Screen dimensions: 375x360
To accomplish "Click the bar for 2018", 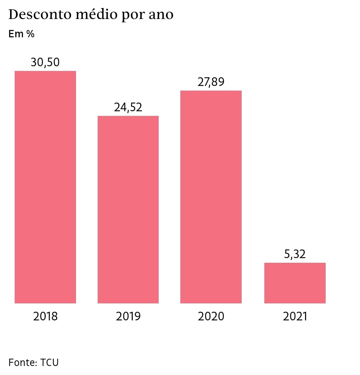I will click(45, 187).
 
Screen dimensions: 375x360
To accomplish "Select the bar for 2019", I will click(128, 209).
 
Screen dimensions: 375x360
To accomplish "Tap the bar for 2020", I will click(211, 197).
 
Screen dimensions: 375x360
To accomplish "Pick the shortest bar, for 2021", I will click(295, 283).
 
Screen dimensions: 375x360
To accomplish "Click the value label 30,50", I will click(45, 62).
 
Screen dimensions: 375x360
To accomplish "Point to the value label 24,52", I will click(128, 107).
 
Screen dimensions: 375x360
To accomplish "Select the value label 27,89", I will click(211, 82).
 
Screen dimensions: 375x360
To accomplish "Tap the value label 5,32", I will click(295, 254).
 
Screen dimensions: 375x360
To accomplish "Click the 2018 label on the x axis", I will click(45, 316).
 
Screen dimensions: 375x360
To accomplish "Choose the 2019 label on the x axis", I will click(128, 316).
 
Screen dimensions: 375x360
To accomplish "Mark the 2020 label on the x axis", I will click(211, 316).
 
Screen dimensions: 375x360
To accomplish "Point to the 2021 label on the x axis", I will click(295, 316).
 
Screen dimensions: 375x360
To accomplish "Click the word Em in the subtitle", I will click(16, 34).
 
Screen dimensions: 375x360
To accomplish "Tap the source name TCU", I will click(49, 362).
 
